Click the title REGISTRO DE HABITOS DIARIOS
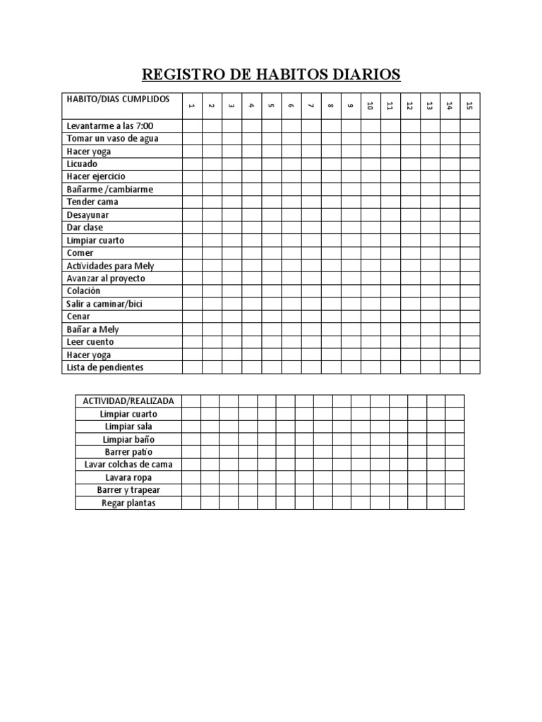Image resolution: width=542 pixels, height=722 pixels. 271,74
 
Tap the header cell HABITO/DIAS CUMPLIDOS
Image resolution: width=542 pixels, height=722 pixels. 118,99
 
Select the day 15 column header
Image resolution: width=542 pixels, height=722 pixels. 470,106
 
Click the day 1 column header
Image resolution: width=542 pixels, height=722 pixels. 191,106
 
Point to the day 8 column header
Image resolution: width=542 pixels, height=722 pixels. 330,106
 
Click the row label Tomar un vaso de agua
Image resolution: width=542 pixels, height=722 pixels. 112,138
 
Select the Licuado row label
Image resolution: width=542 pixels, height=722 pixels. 83,164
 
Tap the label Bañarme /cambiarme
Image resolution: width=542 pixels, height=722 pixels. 109,189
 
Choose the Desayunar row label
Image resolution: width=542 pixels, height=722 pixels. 88,214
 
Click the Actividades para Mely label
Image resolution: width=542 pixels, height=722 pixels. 110,266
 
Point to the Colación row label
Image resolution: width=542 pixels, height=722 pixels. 84,291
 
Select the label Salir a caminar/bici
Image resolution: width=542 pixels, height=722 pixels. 104,304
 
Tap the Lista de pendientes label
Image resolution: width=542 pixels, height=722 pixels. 104,367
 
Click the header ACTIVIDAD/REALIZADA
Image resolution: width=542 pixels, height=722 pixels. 128,401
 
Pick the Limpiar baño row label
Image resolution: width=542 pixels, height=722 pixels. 128,439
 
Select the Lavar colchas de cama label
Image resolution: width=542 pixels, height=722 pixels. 128,465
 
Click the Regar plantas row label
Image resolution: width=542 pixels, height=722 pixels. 128,503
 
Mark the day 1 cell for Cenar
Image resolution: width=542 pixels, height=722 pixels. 192,317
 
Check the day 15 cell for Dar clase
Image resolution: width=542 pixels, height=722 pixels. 470,227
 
